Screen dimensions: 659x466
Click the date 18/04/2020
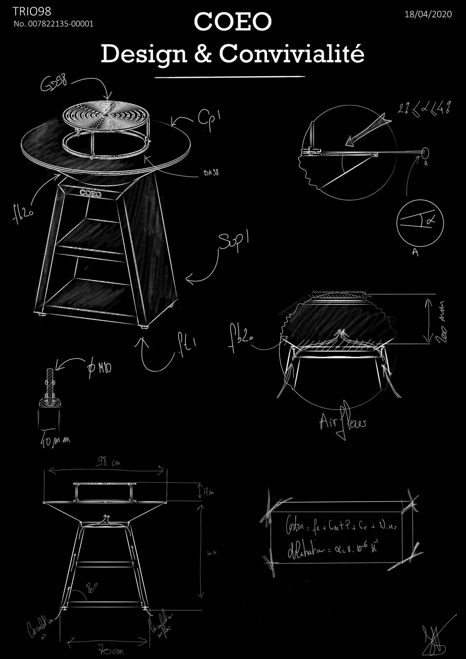point(428,14)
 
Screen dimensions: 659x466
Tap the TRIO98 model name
point(32,12)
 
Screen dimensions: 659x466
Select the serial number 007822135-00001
point(53,24)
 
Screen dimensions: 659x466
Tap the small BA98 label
point(211,173)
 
